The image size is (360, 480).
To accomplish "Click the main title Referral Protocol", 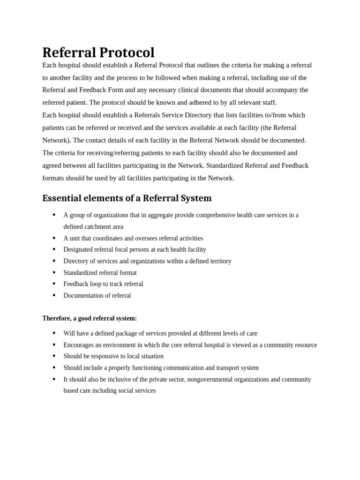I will click(x=98, y=52).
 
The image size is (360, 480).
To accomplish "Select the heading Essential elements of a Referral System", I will click(x=127, y=198).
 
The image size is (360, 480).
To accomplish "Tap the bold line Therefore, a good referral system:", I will click(x=90, y=318).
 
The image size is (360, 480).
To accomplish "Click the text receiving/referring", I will click(x=104, y=153).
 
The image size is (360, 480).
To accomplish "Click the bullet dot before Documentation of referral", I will click(x=54, y=295).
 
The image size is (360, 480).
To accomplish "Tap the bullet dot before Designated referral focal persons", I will click(x=54, y=249).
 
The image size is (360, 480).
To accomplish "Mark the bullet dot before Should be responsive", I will click(x=54, y=356).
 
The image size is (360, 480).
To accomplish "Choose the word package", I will click(x=121, y=333).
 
